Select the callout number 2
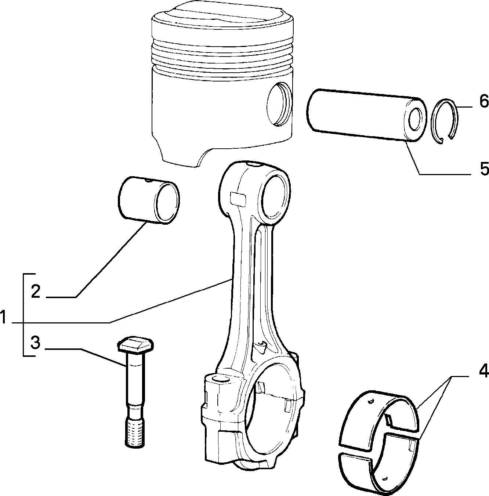tap(36, 292)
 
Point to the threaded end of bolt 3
tap(135, 432)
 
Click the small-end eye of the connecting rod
tap(276, 196)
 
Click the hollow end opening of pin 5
tap(415, 119)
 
